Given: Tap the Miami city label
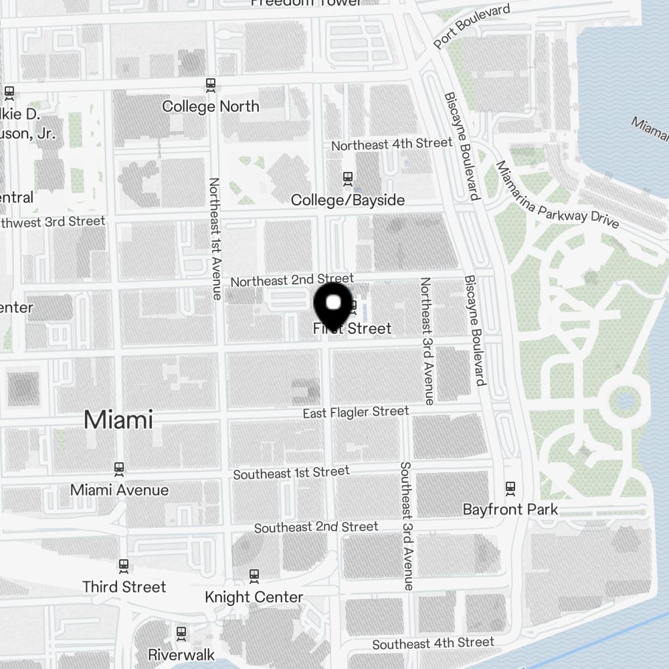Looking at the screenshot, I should coord(118,420).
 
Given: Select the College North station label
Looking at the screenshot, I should coord(211,106).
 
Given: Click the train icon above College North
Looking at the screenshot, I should coord(211,85).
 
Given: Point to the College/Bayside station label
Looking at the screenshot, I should coord(348,200).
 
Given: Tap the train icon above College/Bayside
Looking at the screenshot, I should coord(347,178).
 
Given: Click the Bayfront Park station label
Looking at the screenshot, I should coord(510,509).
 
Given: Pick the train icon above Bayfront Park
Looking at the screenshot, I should coord(510,487).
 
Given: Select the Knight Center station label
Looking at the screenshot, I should coord(254,597).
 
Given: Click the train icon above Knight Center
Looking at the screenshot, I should coord(254,575).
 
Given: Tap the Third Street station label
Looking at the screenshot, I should coord(124,587).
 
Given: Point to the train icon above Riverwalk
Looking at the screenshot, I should coord(181,632).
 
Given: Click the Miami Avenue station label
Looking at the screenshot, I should coord(119,490).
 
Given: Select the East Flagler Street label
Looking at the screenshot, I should coord(355,412).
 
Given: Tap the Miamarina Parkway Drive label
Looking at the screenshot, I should coord(557,196).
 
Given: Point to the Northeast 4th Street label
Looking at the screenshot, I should coord(392,144).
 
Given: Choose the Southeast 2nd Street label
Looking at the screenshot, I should coord(316,527).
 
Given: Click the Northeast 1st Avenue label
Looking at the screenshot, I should coord(215,238).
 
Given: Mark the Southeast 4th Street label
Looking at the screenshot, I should coord(433,644).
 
